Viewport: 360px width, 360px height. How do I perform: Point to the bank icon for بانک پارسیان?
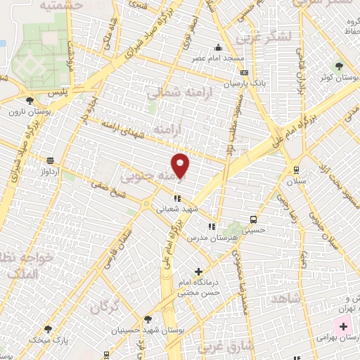click(x=243, y=72)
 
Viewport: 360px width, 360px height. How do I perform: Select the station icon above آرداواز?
click(x=49, y=160)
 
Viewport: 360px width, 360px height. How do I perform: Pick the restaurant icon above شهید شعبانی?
click(x=177, y=198)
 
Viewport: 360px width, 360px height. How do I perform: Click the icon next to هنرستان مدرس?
click(x=212, y=226)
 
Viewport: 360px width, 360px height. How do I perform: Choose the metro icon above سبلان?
click(x=295, y=169)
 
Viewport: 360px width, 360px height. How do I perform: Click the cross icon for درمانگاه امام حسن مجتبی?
click(x=199, y=271)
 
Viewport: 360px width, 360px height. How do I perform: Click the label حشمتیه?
click(x=61, y=5)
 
